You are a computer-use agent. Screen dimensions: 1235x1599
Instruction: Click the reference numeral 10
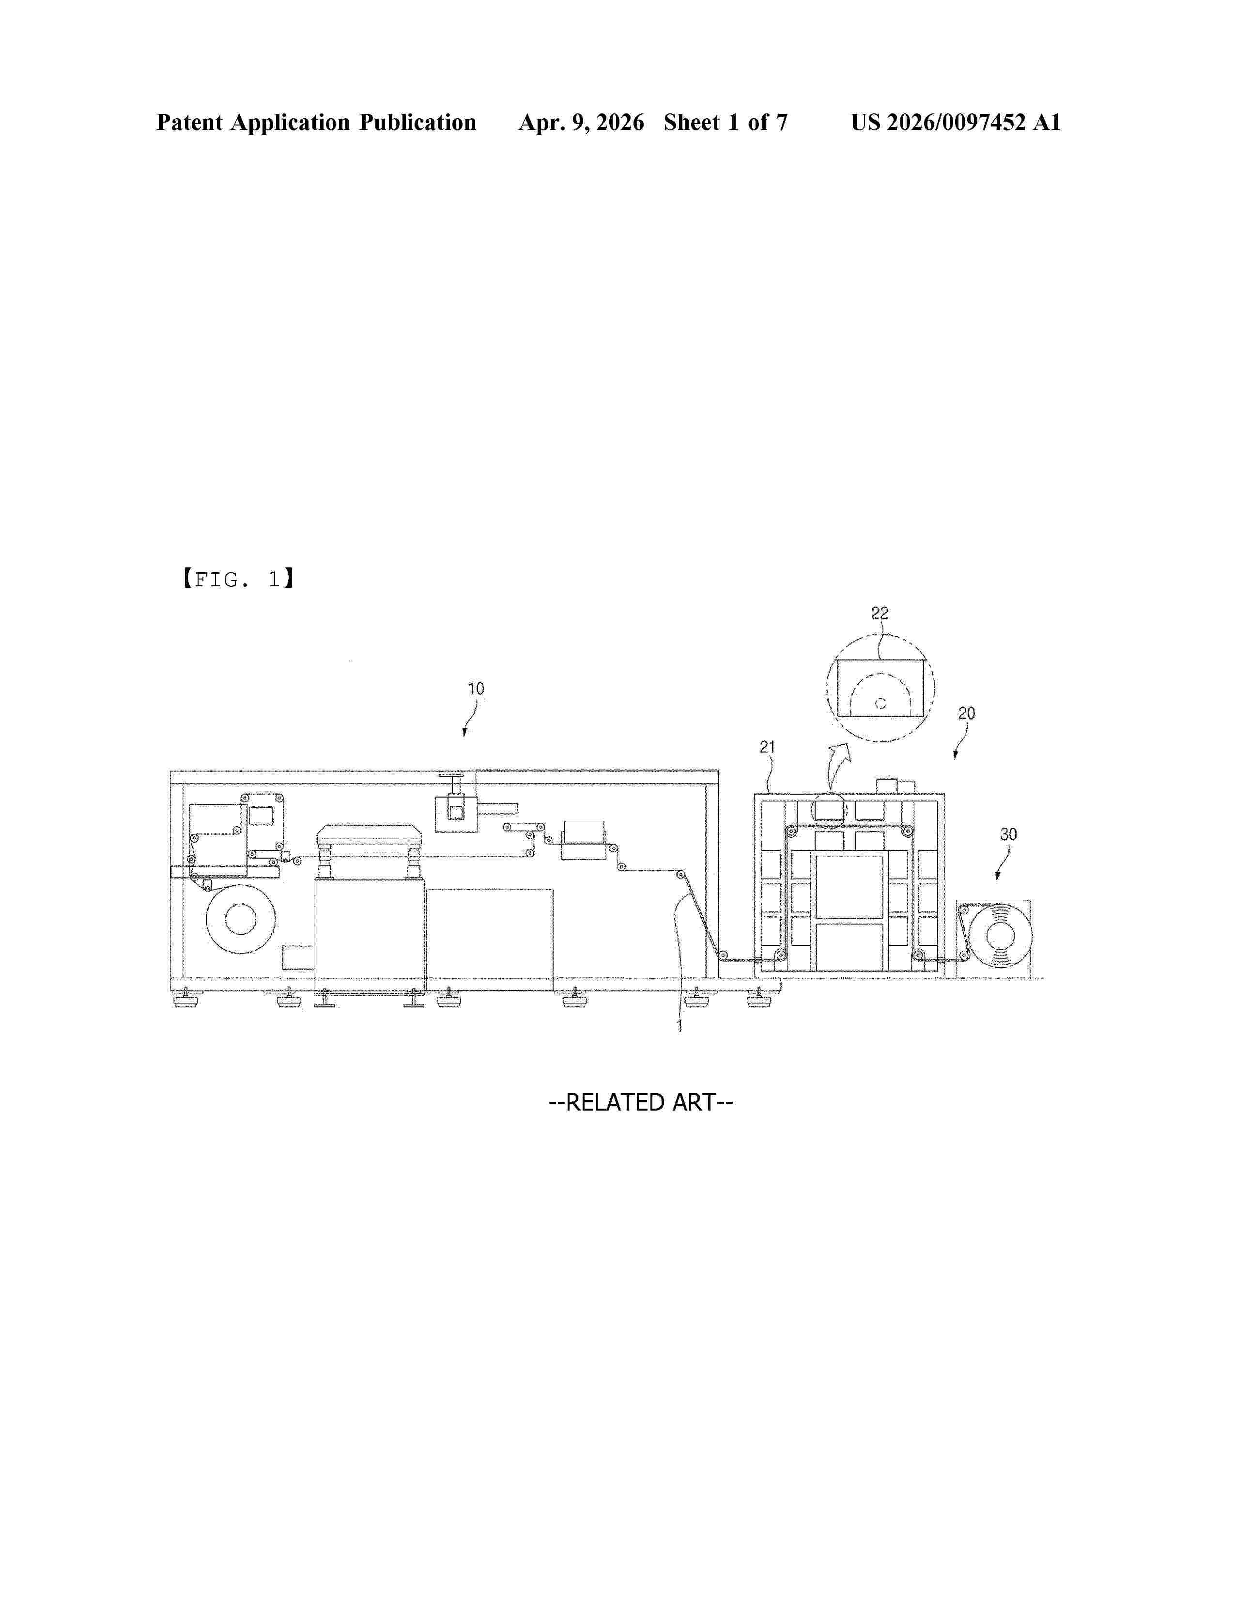point(476,689)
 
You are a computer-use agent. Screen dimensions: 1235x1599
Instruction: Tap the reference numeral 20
point(967,713)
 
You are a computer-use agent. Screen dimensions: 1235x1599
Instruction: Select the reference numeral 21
point(767,747)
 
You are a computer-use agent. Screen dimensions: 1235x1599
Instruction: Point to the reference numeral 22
point(880,613)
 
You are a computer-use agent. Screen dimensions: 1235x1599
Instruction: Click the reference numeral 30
point(1008,835)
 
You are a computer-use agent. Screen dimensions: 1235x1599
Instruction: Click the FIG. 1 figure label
point(238,580)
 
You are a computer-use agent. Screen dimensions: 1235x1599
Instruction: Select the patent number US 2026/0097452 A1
point(956,122)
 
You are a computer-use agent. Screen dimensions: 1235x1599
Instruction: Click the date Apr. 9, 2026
point(582,122)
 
